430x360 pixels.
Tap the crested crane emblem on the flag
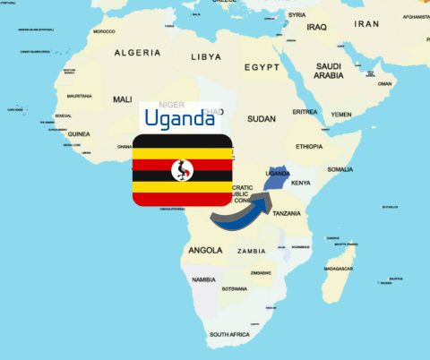(x=184, y=169)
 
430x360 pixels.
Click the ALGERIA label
(x=137, y=53)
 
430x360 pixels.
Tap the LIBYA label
(x=206, y=56)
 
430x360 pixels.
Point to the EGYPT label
(x=262, y=67)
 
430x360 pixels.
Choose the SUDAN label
(x=262, y=118)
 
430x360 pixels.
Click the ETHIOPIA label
(x=309, y=146)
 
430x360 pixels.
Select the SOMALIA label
(x=340, y=169)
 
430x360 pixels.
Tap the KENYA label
(x=301, y=183)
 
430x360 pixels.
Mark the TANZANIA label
(x=287, y=213)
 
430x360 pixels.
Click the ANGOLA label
(x=205, y=250)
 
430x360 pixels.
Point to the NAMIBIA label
(x=203, y=279)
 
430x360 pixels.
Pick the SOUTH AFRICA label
(x=230, y=334)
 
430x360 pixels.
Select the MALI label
(x=123, y=99)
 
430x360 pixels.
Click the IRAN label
(x=367, y=24)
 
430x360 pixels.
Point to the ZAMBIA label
(x=252, y=251)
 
